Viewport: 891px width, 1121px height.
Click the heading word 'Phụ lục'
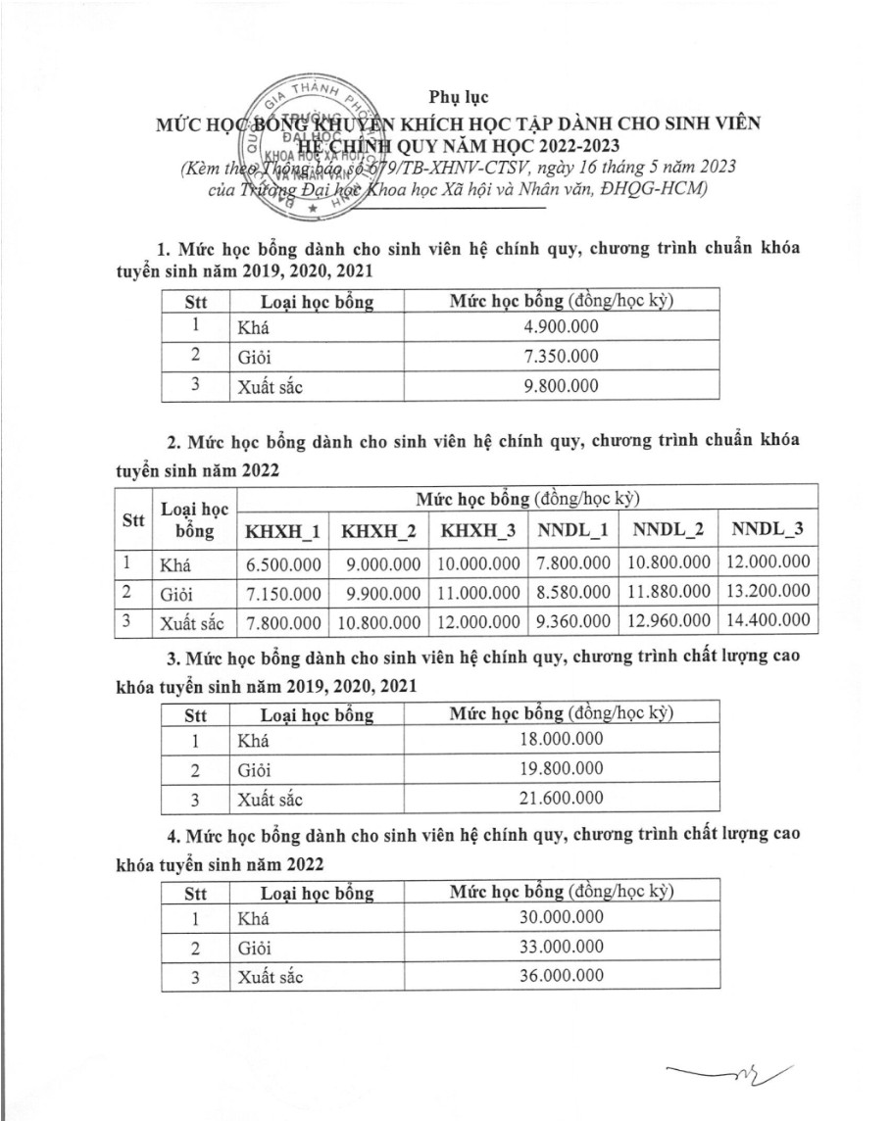click(x=459, y=97)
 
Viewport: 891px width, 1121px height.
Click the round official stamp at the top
click(x=311, y=148)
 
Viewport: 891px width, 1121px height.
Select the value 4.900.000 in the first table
click(x=559, y=327)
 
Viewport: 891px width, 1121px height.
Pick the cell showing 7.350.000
click(x=559, y=356)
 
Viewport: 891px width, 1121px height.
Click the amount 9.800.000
click(x=559, y=385)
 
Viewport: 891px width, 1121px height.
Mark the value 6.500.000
click(x=282, y=563)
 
